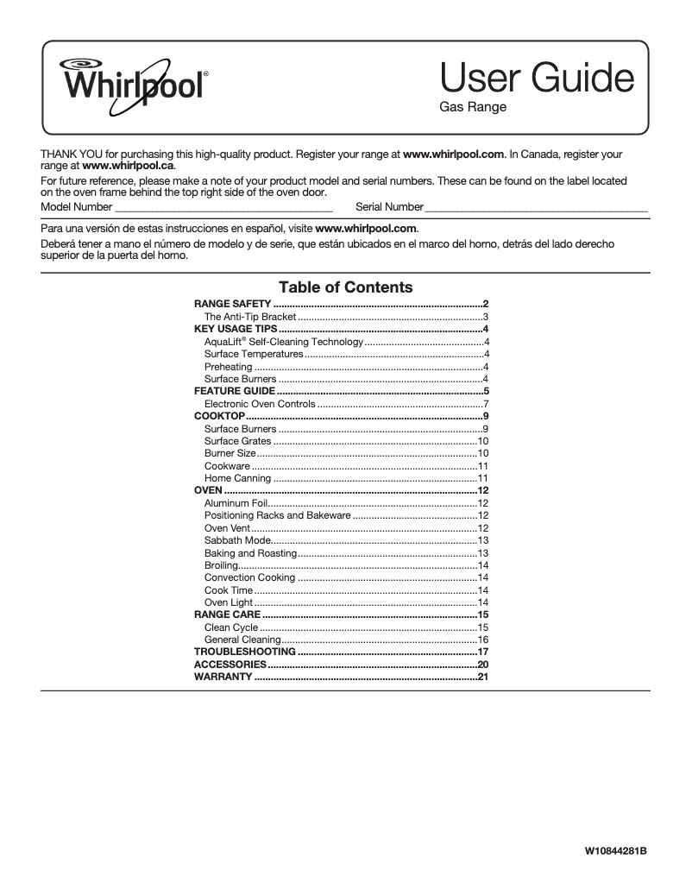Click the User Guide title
point(537,79)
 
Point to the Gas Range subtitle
point(473,108)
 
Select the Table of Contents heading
point(345,287)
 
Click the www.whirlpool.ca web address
point(128,165)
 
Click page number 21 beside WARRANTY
point(483,678)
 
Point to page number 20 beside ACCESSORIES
point(483,665)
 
